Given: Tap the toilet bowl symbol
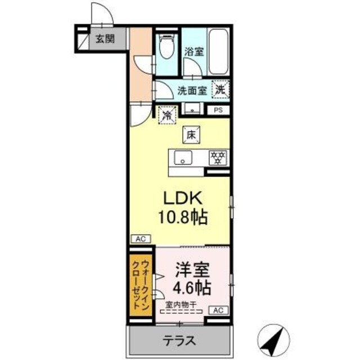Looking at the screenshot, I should (166, 47).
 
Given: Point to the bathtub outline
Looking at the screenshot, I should (218, 51).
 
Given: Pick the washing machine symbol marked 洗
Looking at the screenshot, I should (220, 89).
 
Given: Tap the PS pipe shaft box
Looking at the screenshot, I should (218, 110).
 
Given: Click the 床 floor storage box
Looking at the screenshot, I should (191, 135).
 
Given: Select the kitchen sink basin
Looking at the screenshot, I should (183, 157).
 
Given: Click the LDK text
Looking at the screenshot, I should (179, 199).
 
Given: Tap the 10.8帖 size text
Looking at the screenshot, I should (179, 217).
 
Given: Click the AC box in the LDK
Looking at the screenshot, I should (141, 238).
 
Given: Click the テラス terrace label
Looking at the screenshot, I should (179, 340).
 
